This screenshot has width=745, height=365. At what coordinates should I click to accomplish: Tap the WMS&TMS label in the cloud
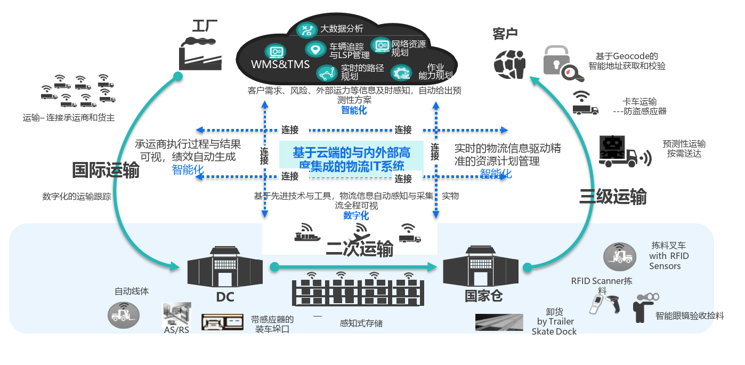click(280, 64)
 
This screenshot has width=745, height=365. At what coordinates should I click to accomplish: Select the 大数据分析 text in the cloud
click(342, 29)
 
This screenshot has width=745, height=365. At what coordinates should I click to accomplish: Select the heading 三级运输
click(613, 197)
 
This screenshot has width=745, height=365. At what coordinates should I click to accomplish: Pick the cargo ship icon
click(307, 234)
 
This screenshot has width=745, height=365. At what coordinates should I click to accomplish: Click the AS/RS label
click(176, 330)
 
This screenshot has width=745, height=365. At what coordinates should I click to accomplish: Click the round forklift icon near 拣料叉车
click(620, 256)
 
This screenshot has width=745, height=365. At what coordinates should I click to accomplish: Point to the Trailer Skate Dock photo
click(499, 322)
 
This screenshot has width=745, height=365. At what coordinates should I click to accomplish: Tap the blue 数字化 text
click(356, 216)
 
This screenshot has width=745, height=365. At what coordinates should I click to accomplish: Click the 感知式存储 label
click(361, 323)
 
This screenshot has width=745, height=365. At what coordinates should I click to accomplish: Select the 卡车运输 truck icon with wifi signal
click(585, 104)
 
